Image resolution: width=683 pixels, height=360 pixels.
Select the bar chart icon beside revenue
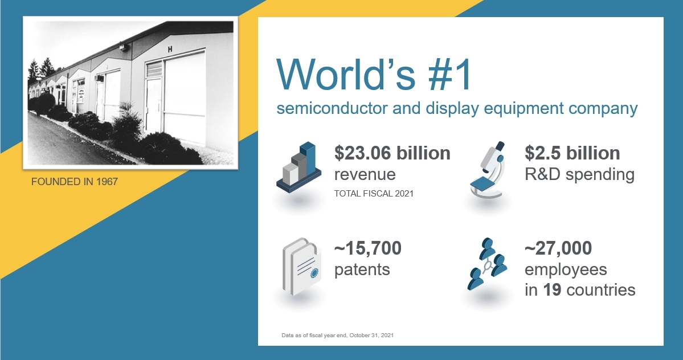click(298, 167)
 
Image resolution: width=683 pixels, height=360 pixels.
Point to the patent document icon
click(302, 267)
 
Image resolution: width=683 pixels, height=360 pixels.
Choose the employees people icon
click(487, 264)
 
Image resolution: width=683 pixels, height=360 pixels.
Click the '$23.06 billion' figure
click(392, 153)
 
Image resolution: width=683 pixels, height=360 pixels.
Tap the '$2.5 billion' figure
click(572, 153)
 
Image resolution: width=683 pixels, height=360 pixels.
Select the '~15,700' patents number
click(367, 248)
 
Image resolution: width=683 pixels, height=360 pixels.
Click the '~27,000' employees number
click(558, 248)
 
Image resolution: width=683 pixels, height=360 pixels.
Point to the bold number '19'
click(552, 290)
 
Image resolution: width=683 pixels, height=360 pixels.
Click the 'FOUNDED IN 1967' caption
click(75, 182)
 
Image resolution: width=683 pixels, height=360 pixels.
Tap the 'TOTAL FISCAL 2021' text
click(374, 194)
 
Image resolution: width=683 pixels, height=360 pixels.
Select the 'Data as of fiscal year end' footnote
click(338, 335)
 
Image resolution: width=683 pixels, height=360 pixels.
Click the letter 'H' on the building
click(170, 50)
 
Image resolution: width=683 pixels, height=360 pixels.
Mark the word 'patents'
click(362, 270)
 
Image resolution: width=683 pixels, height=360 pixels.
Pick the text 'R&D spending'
click(579, 174)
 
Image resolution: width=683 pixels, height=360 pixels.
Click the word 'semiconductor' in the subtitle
click(332, 108)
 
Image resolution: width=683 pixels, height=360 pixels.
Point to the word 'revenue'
click(365, 175)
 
